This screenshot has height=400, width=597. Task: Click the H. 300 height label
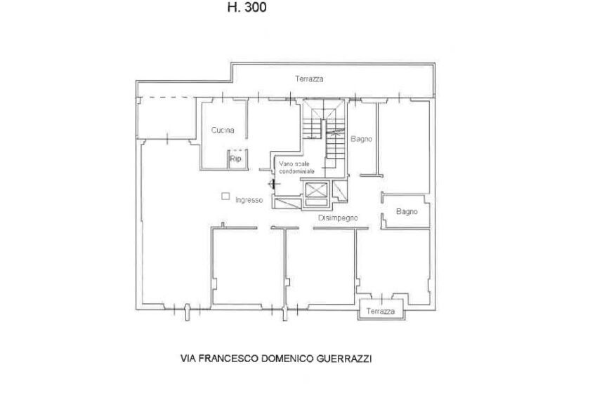[x=247, y=7]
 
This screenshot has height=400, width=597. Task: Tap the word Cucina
[x=223, y=130]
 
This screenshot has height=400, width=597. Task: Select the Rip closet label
[x=235, y=159]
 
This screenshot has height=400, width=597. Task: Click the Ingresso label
[x=249, y=200]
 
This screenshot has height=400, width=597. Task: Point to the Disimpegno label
[x=338, y=218]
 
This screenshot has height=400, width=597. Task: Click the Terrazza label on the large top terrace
[x=309, y=79]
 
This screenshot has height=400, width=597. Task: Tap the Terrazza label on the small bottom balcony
[x=381, y=312]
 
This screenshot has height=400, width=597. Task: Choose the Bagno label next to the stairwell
[x=361, y=139]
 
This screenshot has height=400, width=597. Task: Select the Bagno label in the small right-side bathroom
[x=407, y=211]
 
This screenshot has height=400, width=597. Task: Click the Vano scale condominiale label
[x=296, y=168]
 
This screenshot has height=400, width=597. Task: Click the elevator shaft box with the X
[x=317, y=190]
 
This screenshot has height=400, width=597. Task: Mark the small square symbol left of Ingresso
[x=225, y=196]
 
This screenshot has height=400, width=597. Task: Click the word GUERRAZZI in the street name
[x=344, y=359]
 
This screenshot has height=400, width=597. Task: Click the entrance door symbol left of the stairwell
[x=272, y=184]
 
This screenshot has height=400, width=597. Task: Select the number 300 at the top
[x=256, y=7]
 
